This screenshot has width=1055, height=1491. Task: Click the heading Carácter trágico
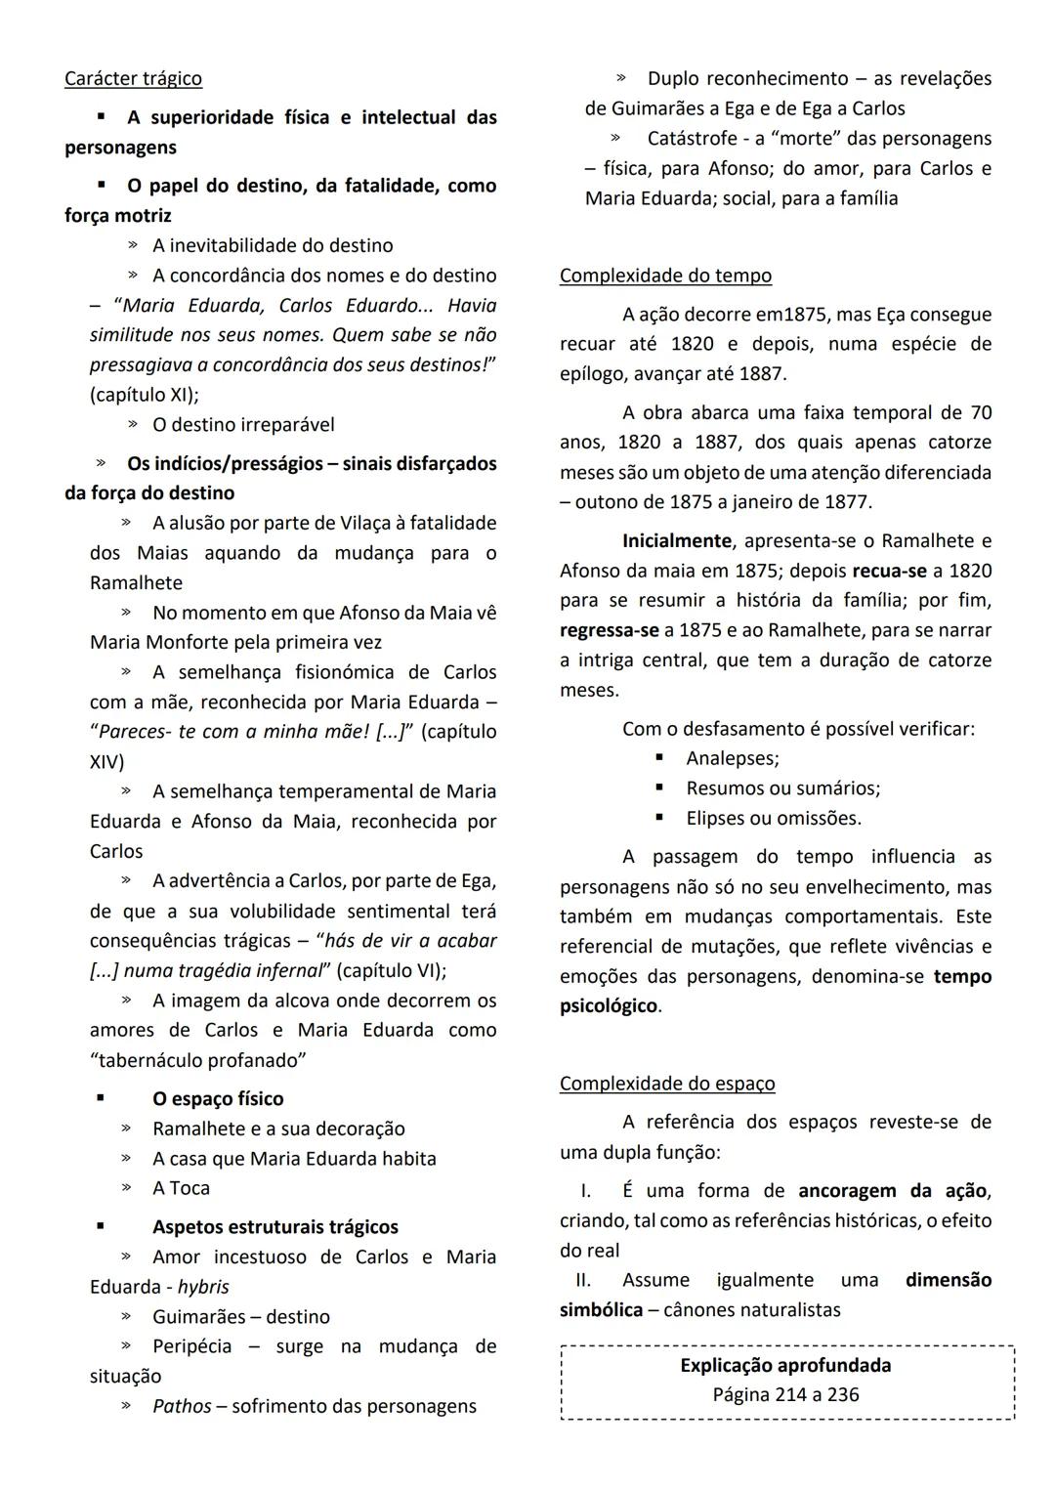pos(133,78)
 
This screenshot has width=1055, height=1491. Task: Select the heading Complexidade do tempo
pos(665,276)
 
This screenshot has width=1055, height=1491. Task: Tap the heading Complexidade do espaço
pos(667,1083)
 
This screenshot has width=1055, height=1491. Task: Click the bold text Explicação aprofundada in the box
pos(785,1365)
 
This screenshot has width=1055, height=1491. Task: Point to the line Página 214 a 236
pos(785,1394)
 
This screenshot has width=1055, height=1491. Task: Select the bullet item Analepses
pos(732,758)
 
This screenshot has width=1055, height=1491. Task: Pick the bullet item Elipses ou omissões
pos(773,818)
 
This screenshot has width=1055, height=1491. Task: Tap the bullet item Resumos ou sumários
pos(782,788)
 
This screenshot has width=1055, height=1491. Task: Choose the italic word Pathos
pos(182,1406)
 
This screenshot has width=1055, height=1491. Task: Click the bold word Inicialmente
pos(676,540)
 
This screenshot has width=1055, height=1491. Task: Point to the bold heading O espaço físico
pos(218,1098)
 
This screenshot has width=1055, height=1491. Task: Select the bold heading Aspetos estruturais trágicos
pos(274,1226)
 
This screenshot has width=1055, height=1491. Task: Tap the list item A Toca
pos(181,1188)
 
